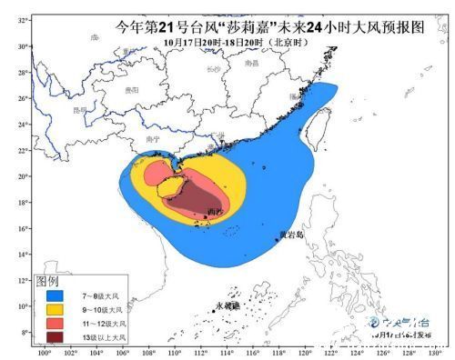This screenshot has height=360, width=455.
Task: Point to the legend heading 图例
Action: [x=46, y=282]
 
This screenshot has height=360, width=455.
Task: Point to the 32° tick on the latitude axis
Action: [x=21, y=19]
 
